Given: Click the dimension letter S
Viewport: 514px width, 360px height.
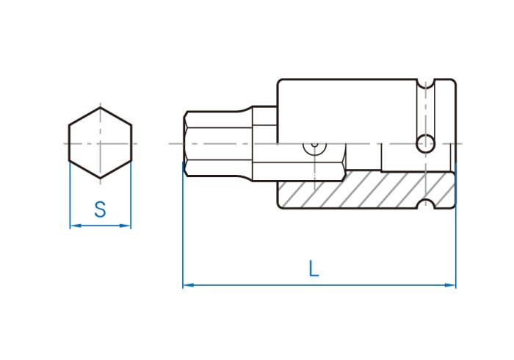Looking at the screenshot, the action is pyautogui.click(x=100, y=209).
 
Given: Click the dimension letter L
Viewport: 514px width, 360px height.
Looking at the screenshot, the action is pyautogui.click(x=314, y=268).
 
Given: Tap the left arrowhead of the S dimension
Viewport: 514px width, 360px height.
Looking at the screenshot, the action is pyautogui.click(x=76, y=226).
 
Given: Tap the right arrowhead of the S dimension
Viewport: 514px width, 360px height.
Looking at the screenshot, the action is pyautogui.click(x=126, y=226).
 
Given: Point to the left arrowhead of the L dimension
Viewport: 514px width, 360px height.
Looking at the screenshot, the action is pyautogui.click(x=189, y=285).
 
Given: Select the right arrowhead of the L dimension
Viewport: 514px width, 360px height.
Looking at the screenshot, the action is pyautogui.click(x=450, y=285).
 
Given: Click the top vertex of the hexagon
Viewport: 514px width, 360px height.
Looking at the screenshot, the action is pyautogui.click(x=101, y=107).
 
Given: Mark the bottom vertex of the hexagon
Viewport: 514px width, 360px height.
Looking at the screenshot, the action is pyautogui.click(x=101, y=178).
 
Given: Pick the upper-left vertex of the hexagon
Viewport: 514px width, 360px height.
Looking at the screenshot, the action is pyautogui.click(x=69, y=125).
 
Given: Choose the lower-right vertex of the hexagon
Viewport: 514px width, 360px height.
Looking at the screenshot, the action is pyautogui.click(x=131, y=161).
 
